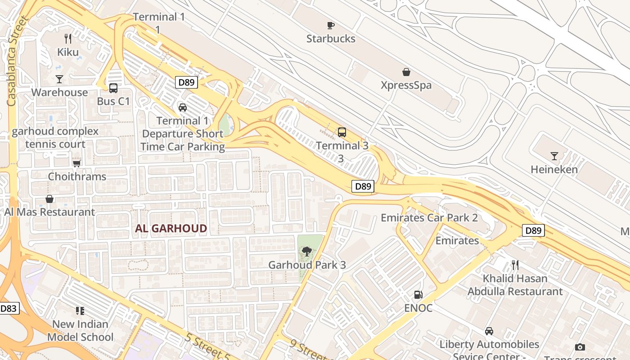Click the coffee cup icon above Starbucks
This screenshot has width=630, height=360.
[x=331, y=25]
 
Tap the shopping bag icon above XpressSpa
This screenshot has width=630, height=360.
[x=406, y=72]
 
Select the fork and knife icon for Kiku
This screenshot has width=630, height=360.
[x=68, y=39]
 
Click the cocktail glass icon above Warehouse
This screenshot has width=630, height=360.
[x=59, y=79]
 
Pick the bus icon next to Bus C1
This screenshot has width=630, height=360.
[x=113, y=88]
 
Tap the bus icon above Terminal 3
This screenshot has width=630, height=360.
[x=342, y=132]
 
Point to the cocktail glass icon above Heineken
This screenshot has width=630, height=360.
[x=554, y=156]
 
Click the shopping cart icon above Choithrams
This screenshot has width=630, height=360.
[x=77, y=163]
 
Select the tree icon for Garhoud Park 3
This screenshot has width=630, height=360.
[x=307, y=252]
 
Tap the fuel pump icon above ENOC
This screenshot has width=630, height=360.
[x=418, y=295]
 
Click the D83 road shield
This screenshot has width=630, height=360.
[x=9, y=309]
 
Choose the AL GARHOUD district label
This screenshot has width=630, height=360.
[x=171, y=229]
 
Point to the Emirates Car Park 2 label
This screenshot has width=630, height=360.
[x=429, y=218]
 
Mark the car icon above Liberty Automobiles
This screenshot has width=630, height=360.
[x=489, y=331]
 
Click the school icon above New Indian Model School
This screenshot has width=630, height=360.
[x=80, y=310]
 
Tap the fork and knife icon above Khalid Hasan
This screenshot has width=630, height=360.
[x=515, y=265]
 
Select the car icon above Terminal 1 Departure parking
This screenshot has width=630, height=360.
[x=183, y=108]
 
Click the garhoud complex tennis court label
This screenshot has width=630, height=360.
[x=55, y=138]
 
